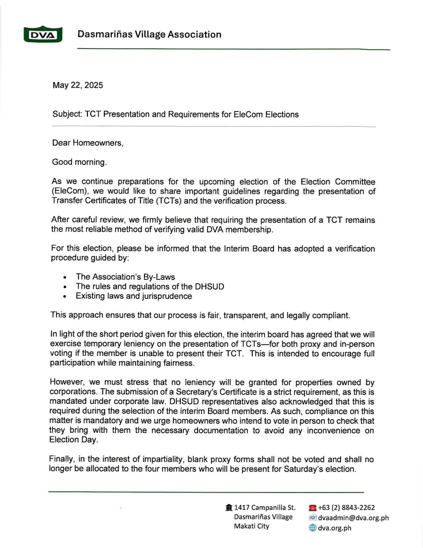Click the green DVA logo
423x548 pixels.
point(43,35)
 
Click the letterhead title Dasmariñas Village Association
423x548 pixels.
point(149,35)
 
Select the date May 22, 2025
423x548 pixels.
point(78,85)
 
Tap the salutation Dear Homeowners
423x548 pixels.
point(88,143)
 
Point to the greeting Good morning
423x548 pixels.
point(79,162)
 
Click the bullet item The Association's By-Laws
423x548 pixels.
point(125,277)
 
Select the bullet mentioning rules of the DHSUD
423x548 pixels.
point(150,286)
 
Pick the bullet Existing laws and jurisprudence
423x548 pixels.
point(134,296)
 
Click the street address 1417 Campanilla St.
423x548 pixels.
point(264,507)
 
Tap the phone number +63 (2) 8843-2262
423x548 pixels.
point(346,507)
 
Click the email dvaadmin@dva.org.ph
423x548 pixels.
point(353,518)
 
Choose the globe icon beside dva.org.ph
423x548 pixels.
point(313,528)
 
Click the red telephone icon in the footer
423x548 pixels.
point(313,508)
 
